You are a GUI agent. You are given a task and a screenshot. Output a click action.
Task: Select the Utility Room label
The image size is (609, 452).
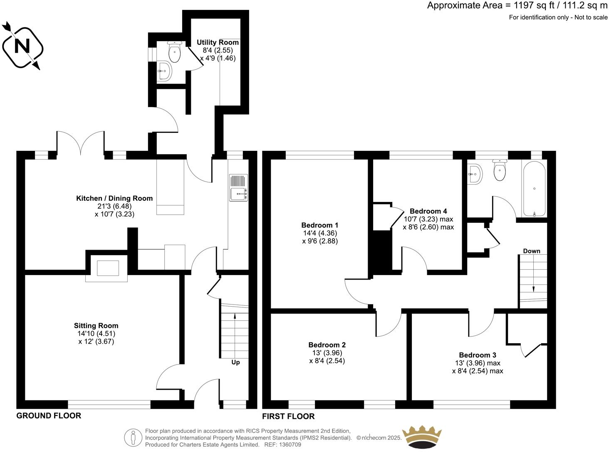click(x=218, y=42)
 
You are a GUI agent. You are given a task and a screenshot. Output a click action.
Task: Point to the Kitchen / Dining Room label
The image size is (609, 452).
click(x=114, y=199)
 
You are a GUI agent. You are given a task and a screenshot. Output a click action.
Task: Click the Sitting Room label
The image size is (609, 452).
click(x=96, y=326)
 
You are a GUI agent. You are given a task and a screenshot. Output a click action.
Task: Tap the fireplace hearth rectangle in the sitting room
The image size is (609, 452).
click(x=108, y=268)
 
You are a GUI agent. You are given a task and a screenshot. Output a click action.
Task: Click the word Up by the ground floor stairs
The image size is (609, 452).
click(x=235, y=362)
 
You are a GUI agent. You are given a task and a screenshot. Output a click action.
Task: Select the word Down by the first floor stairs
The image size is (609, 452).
click(x=532, y=251)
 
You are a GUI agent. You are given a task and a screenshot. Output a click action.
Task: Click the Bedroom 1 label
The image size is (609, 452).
click(x=318, y=225)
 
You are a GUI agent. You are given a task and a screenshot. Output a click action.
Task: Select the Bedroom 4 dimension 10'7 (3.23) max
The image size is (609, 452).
click(x=428, y=219)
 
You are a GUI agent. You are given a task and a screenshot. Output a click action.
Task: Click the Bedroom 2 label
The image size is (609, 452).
click(x=327, y=345)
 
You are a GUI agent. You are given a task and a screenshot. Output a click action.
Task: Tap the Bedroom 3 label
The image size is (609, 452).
click(x=478, y=355)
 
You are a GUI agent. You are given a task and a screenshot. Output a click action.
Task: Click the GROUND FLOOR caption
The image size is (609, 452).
click(x=49, y=416)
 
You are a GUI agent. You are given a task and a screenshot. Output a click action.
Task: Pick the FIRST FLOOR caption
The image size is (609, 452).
click(x=288, y=416)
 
